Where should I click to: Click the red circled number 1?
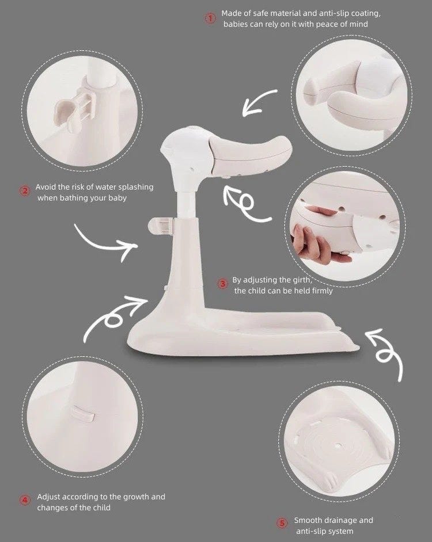[210, 18]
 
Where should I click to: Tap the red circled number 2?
[25, 191]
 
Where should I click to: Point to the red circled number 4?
[25, 500]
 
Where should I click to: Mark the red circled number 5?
[282, 523]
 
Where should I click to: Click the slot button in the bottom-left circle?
[83, 413]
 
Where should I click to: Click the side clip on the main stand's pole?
[160, 226]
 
